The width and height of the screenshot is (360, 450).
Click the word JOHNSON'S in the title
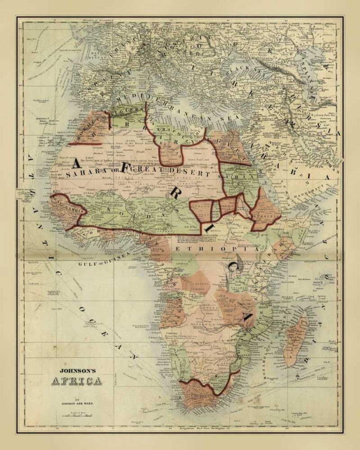pos(79,372)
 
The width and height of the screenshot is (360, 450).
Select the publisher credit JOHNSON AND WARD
pos(79,404)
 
